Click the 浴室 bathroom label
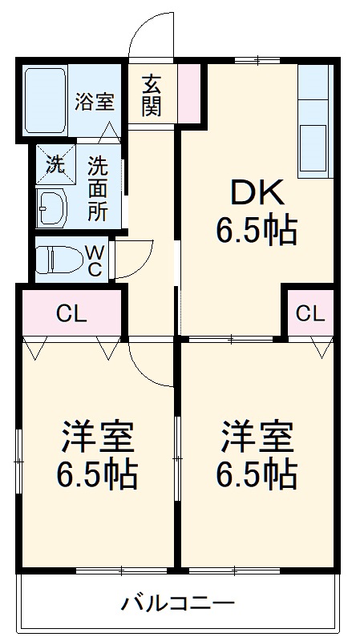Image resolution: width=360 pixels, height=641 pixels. pos(95,102)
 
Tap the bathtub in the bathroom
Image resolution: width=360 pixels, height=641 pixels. pos(45,102)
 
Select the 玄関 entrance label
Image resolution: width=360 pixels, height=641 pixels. pos(152,95)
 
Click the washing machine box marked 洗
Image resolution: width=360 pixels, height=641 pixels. pos(55,165)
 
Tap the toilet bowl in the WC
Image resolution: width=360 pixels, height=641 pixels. pos(61,260)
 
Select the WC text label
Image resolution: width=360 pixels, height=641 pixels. pos(94,260)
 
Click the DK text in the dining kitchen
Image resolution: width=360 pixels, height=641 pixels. pos(257,193)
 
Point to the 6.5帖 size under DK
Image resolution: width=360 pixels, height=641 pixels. pos(257,232)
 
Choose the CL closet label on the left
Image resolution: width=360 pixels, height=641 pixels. pos(71,313)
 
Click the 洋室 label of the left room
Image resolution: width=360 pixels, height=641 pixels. pos(96,437)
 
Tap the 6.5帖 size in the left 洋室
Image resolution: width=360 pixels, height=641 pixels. pos(96,475)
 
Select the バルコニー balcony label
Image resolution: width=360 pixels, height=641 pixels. pos(178,603)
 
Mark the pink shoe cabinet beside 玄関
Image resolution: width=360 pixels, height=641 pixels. pos(189,94)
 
